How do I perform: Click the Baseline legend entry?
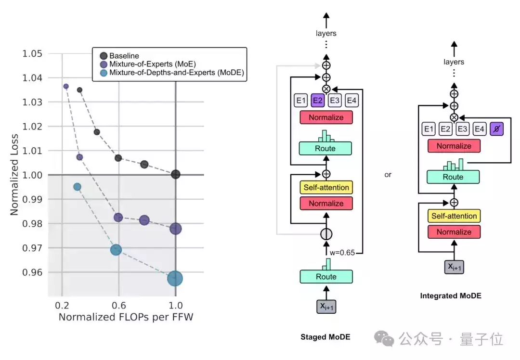120,56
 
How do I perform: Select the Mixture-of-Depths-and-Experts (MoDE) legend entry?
172,73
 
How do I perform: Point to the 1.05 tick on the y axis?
32,53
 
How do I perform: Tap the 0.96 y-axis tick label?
32,272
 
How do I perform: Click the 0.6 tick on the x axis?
119,305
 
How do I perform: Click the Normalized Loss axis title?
14,175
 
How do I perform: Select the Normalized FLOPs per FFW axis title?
126,317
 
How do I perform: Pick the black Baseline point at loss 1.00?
175,174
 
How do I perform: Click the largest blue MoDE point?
175,279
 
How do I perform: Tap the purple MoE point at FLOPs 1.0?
175,229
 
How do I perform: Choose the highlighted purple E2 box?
317,101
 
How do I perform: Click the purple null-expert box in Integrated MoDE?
496,129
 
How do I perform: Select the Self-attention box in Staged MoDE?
326,187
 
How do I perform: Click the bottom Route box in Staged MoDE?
326,276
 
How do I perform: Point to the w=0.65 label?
342,253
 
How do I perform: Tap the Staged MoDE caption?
325,337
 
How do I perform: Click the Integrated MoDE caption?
451,296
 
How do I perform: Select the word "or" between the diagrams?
388,175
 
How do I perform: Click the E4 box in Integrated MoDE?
479,129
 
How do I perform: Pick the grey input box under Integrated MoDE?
454,267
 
